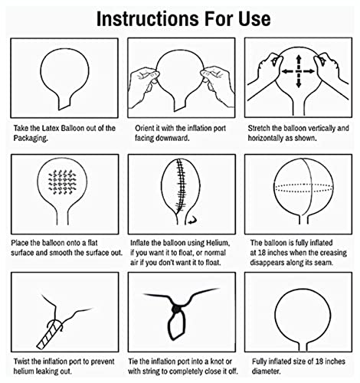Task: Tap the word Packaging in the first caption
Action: pyautogui.click(x=31, y=138)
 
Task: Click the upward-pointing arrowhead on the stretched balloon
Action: pyautogui.click(x=298, y=59)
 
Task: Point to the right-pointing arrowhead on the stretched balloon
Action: pyautogui.click(x=311, y=71)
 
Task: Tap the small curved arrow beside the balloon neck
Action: pyautogui.click(x=192, y=220)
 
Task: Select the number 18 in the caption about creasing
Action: pyautogui.click(x=261, y=253)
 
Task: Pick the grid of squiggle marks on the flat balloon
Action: pyautogui.click(x=62, y=182)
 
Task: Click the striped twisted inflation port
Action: pyautogui.click(x=50, y=336)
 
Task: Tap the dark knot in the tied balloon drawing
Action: pyautogui.click(x=175, y=309)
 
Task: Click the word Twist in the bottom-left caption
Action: pyautogui.click(x=22, y=362)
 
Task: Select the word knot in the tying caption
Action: pyautogui.click(x=216, y=362)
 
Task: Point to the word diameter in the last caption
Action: pyautogui.click(x=267, y=371)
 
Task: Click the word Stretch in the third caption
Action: pyautogui.click(x=259, y=128)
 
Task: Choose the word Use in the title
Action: pyautogui.click(x=254, y=19)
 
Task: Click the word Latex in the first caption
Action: pyautogui.click(x=51, y=128)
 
